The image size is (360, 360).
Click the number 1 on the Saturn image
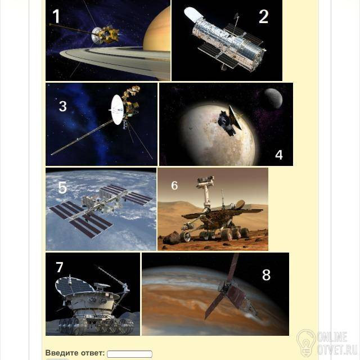(x=56, y=16)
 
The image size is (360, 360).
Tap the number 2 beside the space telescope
(x=264, y=16)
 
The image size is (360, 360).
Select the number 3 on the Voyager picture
(x=62, y=106)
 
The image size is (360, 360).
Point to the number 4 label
(x=279, y=155)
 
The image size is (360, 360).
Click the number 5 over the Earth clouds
(x=62, y=187)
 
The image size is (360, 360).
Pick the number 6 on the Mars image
(x=174, y=185)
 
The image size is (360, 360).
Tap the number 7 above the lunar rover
(x=60, y=267)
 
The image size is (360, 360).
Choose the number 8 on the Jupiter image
(x=266, y=275)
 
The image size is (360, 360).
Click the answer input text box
(x=129, y=354)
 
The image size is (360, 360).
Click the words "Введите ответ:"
(x=75, y=353)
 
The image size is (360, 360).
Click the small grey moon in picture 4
(x=273, y=98)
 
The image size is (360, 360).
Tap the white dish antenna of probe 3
(x=117, y=110)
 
